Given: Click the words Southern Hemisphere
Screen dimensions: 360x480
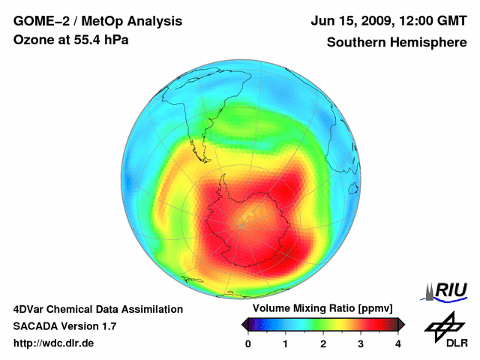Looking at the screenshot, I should (396, 42).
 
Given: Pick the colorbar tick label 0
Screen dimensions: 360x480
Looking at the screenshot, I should (248, 343).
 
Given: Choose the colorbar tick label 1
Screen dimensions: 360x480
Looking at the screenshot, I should (286, 343).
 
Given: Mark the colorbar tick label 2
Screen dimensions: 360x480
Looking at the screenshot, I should (323, 343).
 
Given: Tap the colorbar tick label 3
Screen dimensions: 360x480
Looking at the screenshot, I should (361, 343).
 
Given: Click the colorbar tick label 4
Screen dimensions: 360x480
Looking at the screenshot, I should (398, 343).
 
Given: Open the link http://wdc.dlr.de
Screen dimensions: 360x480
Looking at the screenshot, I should (54, 344).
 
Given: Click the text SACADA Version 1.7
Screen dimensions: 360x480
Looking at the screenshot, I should (64, 326).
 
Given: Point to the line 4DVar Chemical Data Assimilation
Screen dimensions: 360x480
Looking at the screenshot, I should (97, 309).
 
